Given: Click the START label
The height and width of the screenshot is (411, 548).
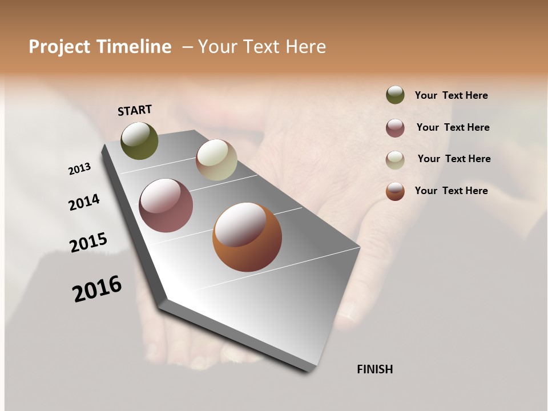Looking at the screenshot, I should [135, 110].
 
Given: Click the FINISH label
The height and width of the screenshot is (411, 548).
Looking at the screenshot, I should [375, 369].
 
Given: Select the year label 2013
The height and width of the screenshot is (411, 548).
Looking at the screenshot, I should [80, 169].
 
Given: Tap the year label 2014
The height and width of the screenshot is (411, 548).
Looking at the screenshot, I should [84, 202].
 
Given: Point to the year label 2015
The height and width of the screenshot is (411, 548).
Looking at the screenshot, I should [88, 243].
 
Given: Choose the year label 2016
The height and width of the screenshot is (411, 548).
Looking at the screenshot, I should [97, 289].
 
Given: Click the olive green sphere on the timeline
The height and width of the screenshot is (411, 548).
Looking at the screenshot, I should [139, 140].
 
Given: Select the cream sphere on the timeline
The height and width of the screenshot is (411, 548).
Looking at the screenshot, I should [216, 160].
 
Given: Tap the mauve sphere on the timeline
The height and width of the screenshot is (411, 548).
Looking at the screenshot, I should [166, 205].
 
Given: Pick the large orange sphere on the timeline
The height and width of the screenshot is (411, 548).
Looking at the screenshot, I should [247, 237].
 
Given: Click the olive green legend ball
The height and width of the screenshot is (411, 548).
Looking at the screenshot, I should [395, 95].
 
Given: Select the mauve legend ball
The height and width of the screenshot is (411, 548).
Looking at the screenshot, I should [395, 128].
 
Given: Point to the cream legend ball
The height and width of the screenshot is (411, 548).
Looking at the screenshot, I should [395, 160].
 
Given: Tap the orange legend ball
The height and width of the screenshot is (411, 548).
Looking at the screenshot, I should [395, 191].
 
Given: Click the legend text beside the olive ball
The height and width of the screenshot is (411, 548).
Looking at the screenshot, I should [451, 95].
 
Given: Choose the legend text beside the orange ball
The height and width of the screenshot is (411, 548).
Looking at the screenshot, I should [451, 191].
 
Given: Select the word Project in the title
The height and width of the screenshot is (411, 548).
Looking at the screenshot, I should [60, 47].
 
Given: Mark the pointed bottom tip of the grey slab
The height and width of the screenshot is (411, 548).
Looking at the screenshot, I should [308, 370].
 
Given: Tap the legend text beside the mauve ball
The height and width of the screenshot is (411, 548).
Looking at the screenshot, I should [453, 127].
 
